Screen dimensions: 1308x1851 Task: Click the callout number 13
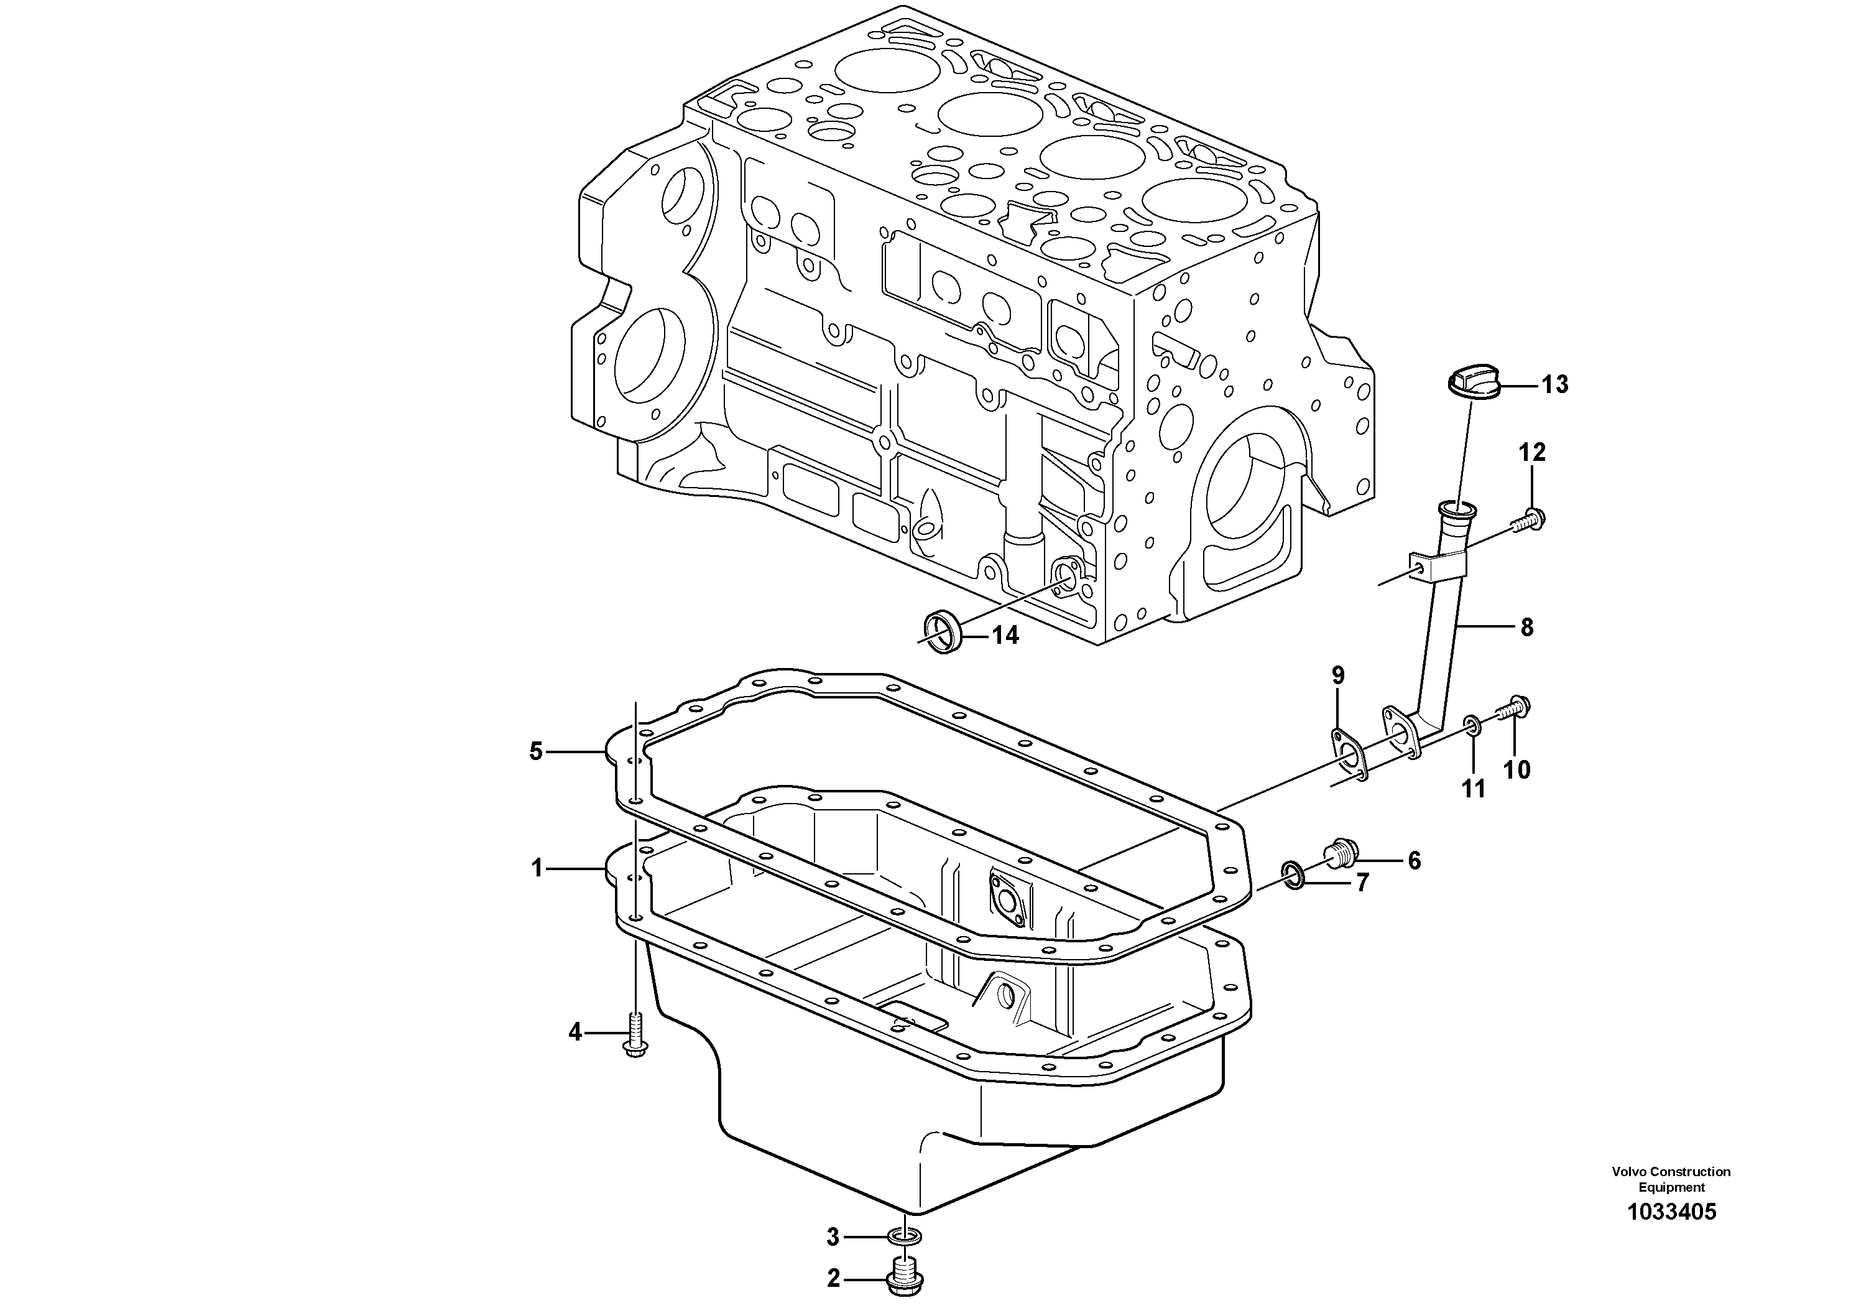(1555, 384)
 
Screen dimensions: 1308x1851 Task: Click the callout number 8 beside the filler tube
(1526, 628)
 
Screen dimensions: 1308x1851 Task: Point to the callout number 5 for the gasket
(536, 751)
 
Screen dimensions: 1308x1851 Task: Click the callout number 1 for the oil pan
(537, 868)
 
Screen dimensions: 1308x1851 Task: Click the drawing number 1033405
(1671, 1235)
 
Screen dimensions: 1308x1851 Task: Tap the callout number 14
(1005, 636)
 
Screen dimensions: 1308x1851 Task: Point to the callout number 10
(1517, 770)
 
